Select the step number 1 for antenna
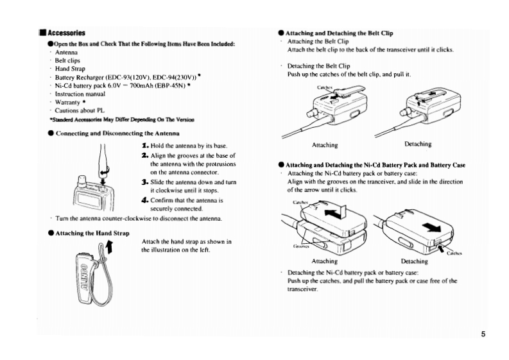tap(144, 146)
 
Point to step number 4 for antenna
tap(144, 200)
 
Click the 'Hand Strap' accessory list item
tap(70, 69)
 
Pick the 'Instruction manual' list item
tap(80, 94)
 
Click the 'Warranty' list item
tap(69, 102)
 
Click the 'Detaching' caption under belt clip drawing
tap(418, 144)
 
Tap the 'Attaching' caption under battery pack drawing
tap(324, 261)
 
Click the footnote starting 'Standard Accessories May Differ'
tap(121, 119)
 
